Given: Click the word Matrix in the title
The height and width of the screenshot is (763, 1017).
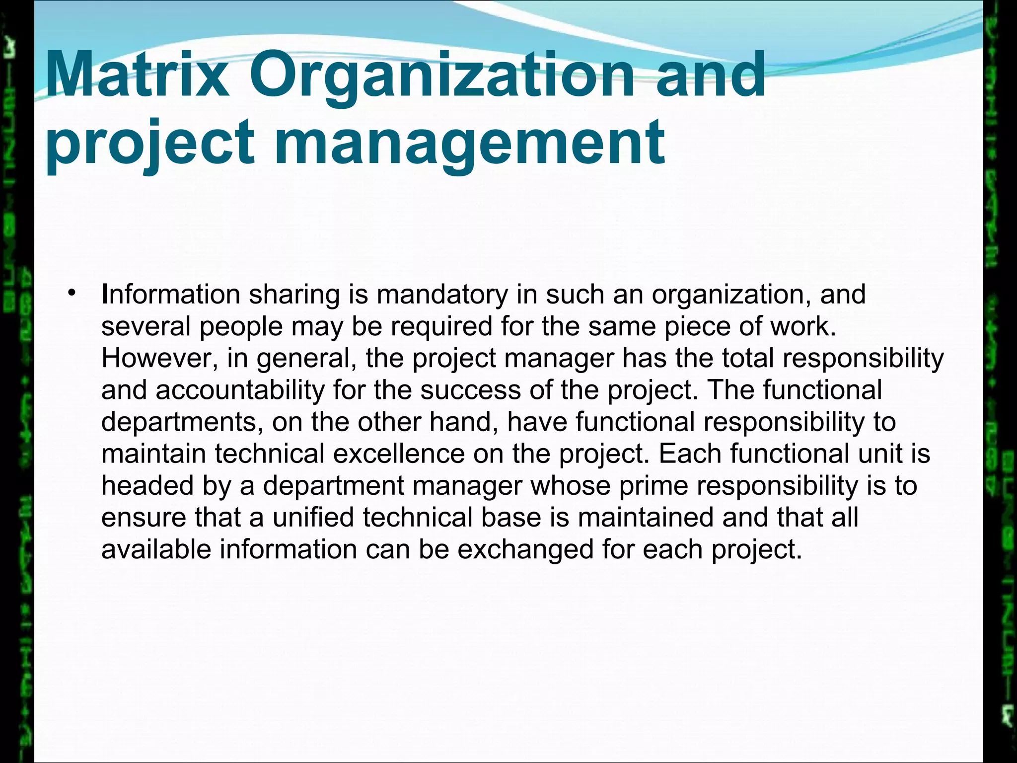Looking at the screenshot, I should (137, 76).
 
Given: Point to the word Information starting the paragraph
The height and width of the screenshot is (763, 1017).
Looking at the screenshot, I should (171, 294).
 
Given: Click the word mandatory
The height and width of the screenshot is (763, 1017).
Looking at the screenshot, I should (442, 294).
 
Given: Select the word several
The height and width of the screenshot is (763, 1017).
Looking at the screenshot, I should (146, 326).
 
